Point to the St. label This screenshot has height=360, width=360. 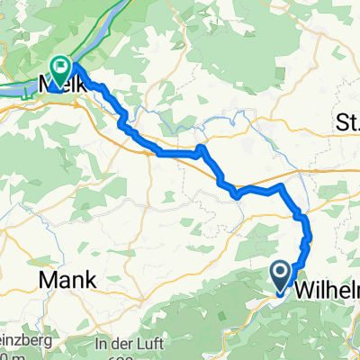click(346, 121)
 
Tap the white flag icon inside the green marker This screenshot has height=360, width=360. click(61, 66)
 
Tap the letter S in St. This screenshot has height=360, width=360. click(341, 121)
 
